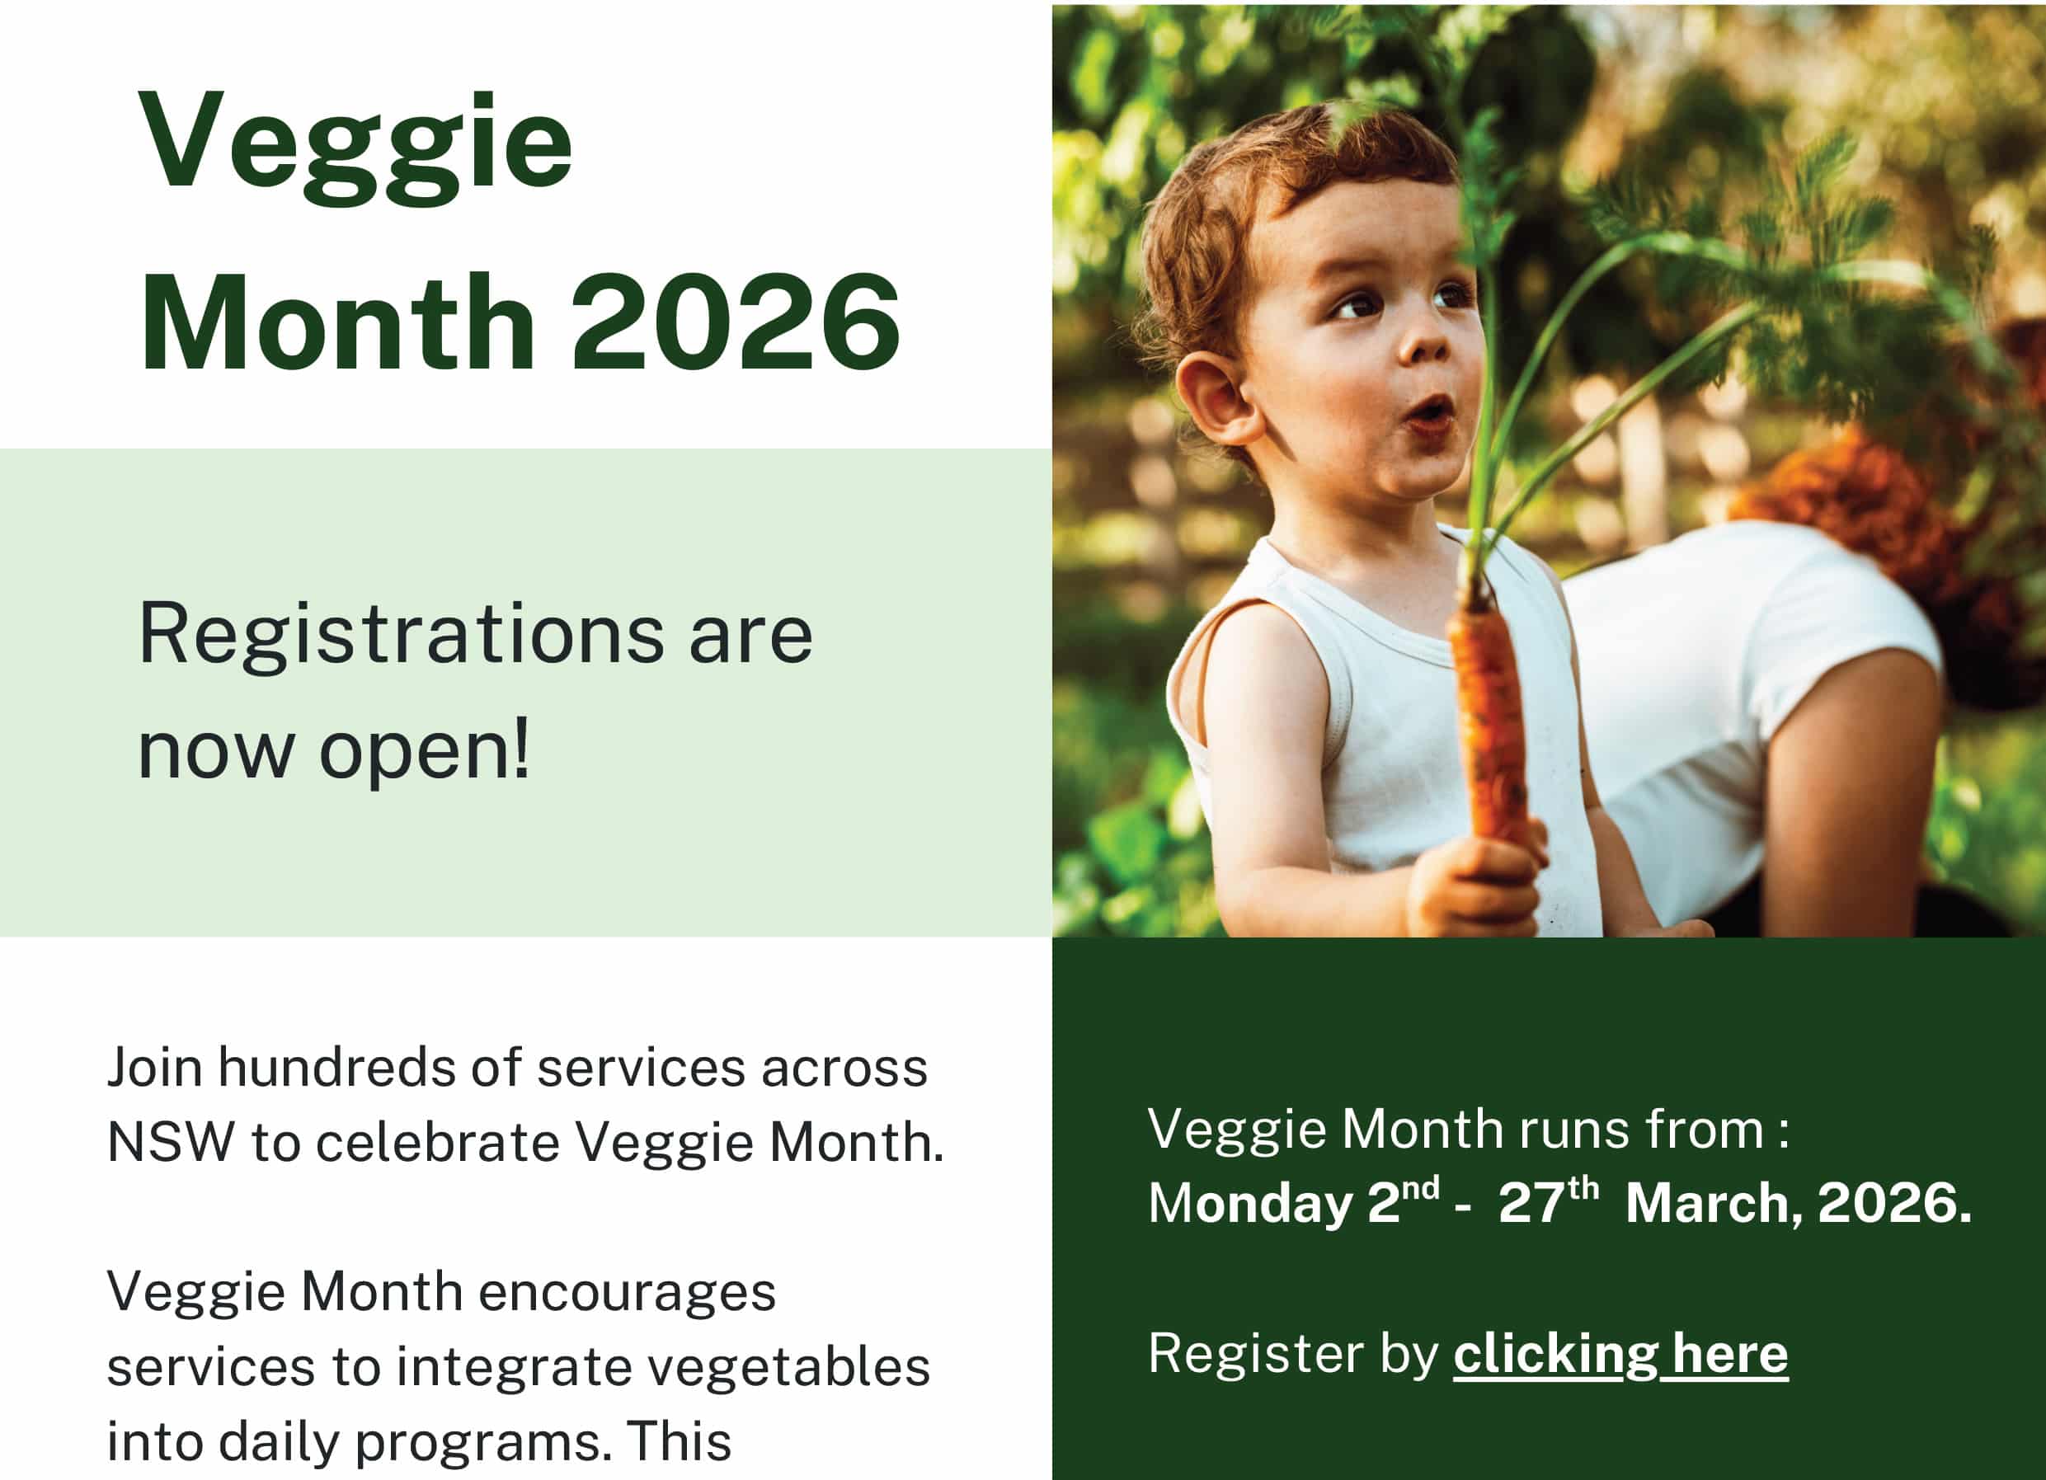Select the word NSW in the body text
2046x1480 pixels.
171,1143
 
